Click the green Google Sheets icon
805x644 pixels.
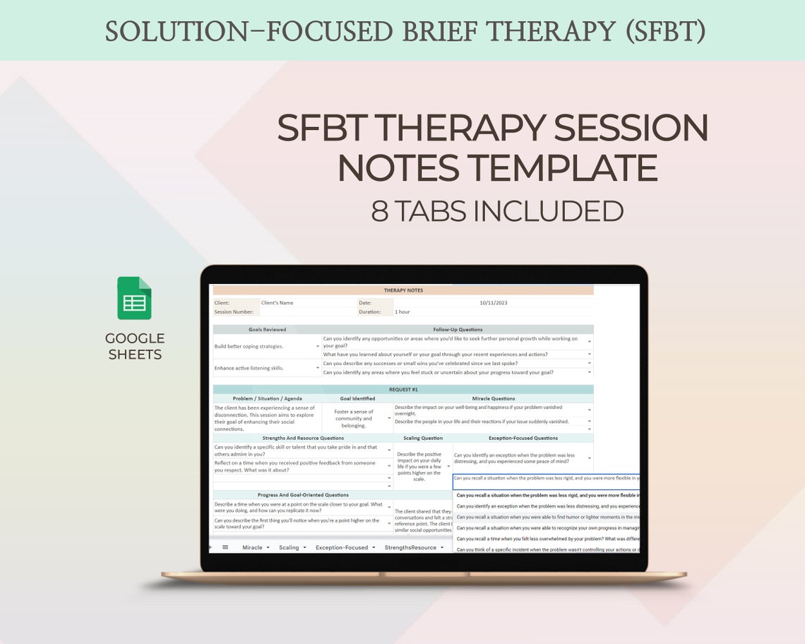134,298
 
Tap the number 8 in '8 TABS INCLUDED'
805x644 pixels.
379,211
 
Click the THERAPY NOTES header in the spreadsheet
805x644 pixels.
403,290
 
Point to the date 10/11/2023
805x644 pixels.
493,303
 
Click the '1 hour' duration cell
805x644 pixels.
402,311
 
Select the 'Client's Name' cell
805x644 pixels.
277,303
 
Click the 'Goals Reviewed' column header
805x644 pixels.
267,329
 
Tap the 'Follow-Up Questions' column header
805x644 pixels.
458,329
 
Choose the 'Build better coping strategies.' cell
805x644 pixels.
249,346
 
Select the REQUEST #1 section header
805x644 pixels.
403,389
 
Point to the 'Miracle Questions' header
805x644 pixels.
493,398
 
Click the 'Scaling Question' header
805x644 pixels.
422,438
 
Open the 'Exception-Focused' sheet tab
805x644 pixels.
342,547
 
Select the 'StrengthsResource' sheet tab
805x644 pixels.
410,547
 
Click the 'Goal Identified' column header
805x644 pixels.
357,398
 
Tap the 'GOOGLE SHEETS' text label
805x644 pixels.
134,346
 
